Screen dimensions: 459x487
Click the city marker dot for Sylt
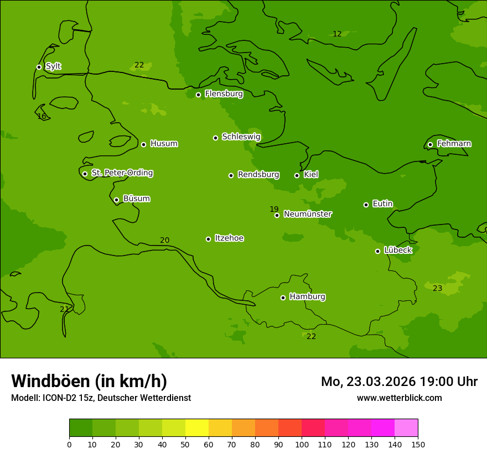[x=39, y=67]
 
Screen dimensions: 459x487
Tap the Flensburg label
[x=224, y=94]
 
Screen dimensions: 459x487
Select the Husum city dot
[x=143, y=144]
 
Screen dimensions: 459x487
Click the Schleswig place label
[x=241, y=137]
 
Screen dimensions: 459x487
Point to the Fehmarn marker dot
[x=430, y=144]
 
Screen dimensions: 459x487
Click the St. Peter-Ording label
[x=122, y=173]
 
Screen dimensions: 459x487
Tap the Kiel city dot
[x=297, y=175]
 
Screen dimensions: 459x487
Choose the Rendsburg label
[x=258, y=175]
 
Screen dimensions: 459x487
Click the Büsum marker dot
[x=116, y=200]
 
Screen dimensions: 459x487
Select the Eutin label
[x=382, y=204]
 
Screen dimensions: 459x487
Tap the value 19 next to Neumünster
[x=274, y=209]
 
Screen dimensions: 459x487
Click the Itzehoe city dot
[x=208, y=239]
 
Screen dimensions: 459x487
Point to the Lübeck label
[x=397, y=250]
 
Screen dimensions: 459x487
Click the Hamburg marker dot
[x=283, y=298]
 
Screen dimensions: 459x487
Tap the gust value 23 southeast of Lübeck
[x=437, y=288]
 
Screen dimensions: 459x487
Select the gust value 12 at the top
[x=337, y=34]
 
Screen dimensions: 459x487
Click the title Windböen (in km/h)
[x=89, y=381]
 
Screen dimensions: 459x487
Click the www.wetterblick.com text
[x=399, y=398]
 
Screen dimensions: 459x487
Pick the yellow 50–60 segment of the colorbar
[x=196, y=428]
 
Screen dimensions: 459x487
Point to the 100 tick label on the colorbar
[x=302, y=444]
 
